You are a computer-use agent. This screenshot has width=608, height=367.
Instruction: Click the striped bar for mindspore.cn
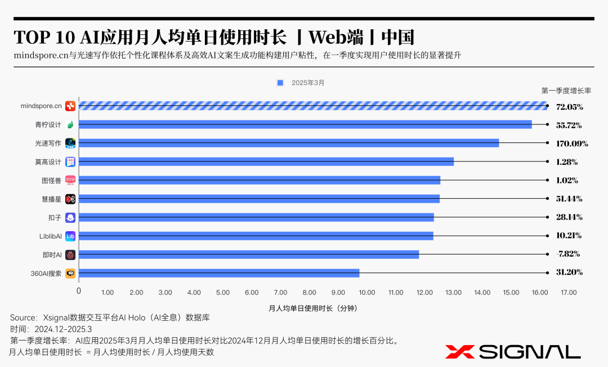(312, 106)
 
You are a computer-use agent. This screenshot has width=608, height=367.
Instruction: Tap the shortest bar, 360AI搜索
(218, 273)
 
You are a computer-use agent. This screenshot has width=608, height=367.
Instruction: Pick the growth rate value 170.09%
(572, 144)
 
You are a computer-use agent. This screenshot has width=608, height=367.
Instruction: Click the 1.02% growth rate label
(567, 180)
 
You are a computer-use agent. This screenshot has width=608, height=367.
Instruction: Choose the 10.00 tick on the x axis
(366, 293)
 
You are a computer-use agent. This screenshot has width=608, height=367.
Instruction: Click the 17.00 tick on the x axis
(568, 293)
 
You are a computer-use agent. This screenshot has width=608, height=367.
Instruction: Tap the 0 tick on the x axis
(79, 291)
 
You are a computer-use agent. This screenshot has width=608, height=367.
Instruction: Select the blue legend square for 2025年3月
(280, 83)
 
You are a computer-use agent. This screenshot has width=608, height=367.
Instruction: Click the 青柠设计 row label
(48, 124)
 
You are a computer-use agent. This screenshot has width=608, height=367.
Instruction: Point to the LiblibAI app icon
(70, 236)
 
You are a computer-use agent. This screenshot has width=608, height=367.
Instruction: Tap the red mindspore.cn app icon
(70, 106)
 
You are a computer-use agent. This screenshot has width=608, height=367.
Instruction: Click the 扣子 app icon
(70, 218)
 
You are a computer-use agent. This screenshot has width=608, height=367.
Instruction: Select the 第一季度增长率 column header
(566, 90)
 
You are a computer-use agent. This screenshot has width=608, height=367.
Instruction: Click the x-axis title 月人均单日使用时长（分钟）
(312, 308)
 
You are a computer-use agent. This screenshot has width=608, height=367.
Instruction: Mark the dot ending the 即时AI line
(548, 254)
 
